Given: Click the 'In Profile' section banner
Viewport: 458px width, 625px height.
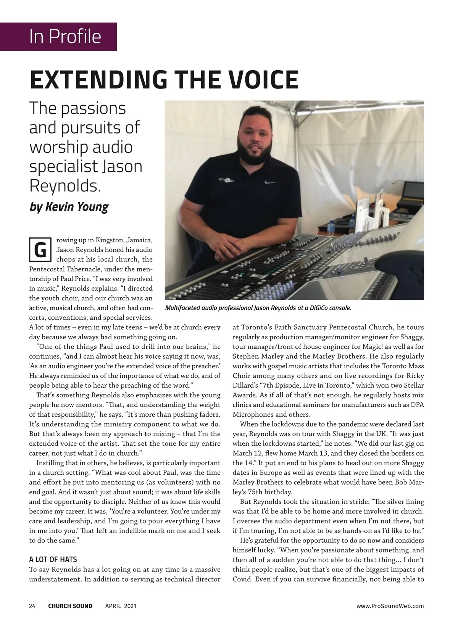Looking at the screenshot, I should (65, 37).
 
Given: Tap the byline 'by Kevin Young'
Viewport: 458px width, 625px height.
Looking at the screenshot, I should (69, 207).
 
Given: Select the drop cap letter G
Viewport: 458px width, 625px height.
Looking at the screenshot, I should (40, 250).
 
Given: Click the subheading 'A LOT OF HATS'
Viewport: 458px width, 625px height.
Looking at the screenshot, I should (53, 560).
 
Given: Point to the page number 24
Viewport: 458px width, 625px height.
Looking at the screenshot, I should (32, 606).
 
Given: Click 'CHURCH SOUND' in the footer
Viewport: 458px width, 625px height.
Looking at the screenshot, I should (70, 606).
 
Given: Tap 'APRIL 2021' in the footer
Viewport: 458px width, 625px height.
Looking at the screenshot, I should (121, 606).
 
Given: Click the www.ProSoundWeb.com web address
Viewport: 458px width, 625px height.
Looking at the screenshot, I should (390, 606).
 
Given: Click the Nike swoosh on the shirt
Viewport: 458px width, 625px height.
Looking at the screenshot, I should (270, 182).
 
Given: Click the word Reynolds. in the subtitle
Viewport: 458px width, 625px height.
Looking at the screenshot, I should (65, 185).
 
